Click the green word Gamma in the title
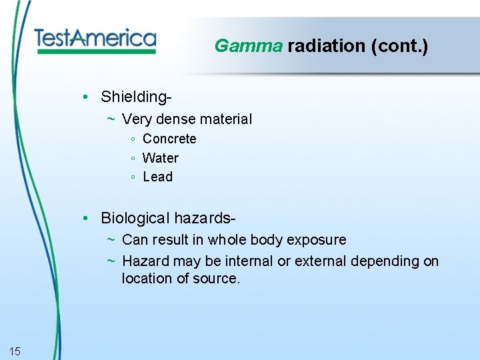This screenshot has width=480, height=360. click(x=249, y=46)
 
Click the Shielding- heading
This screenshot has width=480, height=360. click(x=137, y=97)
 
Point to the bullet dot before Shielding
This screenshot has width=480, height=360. click(x=87, y=97)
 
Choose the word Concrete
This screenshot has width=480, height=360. click(x=169, y=139)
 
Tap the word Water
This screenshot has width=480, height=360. click(x=161, y=158)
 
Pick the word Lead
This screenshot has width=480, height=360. click(x=158, y=177)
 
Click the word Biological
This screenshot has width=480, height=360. click(x=135, y=218)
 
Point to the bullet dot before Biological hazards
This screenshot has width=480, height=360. click(x=87, y=218)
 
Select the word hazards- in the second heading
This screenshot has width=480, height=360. click(x=206, y=218)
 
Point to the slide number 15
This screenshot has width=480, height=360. click(x=15, y=351)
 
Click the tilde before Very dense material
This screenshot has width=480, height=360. click(x=111, y=119)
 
